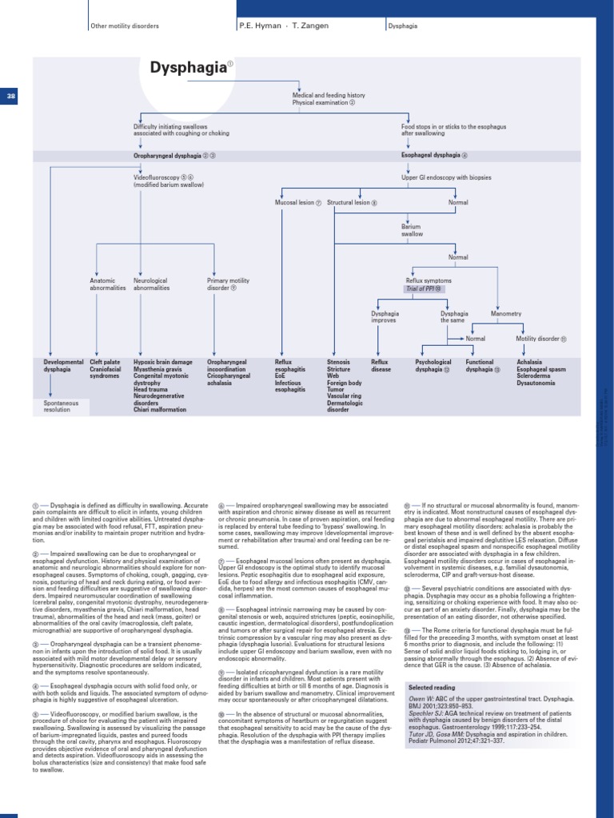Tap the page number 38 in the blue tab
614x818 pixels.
[x=11, y=96]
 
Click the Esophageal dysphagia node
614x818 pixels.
[x=432, y=155]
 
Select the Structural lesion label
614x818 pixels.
[x=349, y=203]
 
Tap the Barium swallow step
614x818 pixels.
[x=412, y=231]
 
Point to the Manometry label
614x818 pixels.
[x=505, y=314]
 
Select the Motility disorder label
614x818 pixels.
[x=538, y=339]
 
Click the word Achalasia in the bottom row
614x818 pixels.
[x=529, y=362]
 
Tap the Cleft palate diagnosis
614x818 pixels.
[x=105, y=362]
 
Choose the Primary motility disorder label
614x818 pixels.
[x=228, y=284]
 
